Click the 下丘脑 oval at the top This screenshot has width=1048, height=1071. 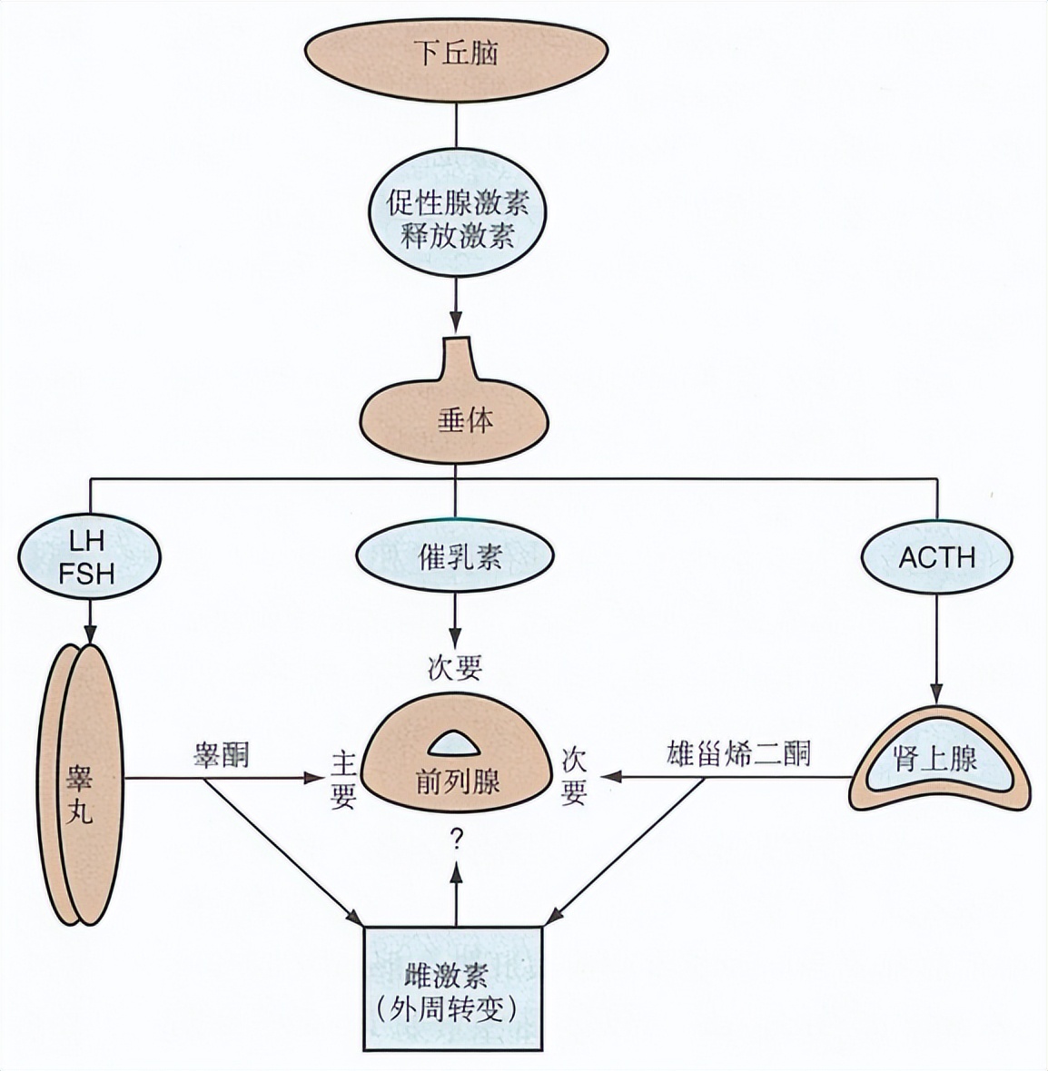(x=455, y=53)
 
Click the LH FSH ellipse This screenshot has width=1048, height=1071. (x=89, y=556)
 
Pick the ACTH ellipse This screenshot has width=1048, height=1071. (x=936, y=556)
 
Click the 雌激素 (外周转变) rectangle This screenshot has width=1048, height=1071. (x=453, y=989)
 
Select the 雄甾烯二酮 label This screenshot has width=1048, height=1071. (x=738, y=755)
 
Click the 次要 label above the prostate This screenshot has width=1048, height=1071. (x=455, y=668)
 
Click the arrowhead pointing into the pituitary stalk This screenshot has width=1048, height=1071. (x=456, y=324)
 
